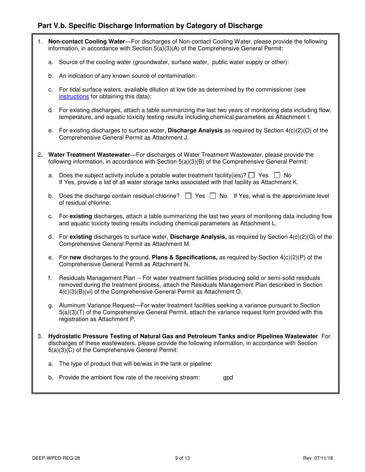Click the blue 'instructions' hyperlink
pos(74,97)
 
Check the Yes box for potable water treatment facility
pos(252,175)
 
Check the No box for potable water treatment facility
pos(277,175)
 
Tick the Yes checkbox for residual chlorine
pos(188,196)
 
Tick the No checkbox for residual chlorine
pos(212,196)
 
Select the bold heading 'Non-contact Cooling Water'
pos(86,41)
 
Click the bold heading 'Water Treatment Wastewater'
pos(89,155)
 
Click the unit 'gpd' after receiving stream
pos(228,378)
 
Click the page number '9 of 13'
pos(182,458)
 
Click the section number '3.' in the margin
pos(40,336)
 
